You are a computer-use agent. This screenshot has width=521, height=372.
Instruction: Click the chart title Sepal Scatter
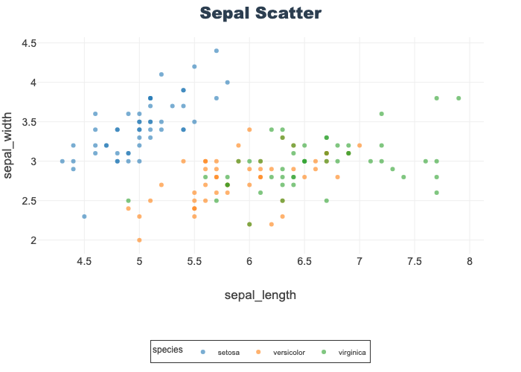click(x=260, y=13)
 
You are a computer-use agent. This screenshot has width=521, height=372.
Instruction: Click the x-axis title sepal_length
click(x=260, y=295)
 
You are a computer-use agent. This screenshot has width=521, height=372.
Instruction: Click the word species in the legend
click(x=168, y=349)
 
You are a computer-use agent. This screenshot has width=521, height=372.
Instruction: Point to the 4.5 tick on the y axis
click(x=29, y=43)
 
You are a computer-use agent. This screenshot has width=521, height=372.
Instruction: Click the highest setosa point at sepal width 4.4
click(x=217, y=51)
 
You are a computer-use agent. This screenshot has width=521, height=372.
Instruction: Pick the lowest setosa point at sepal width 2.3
click(x=84, y=217)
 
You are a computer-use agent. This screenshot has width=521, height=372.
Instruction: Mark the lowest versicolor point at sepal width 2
click(x=139, y=240)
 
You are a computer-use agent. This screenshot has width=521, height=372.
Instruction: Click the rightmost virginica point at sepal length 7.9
click(x=458, y=98)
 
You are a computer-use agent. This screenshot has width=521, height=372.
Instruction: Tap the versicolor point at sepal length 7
click(x=359, y=145)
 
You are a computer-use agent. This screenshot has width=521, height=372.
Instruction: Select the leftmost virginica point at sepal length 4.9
click(x=128, y=201)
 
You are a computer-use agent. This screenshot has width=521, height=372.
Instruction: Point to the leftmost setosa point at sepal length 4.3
click(x=62, y=161)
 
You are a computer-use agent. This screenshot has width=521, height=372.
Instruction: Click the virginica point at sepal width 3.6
click(x=382, y=114)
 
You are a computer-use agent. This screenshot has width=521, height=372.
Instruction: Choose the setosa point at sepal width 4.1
click(x=162, y=74)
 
